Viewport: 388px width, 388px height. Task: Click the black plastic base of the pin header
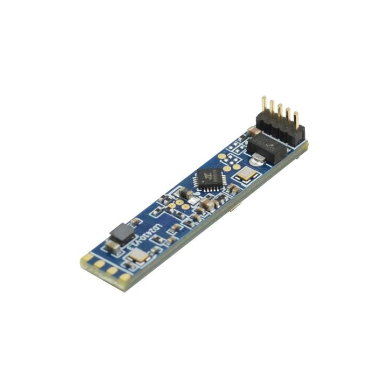(281, 130)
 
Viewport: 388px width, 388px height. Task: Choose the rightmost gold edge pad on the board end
(124, 277)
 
